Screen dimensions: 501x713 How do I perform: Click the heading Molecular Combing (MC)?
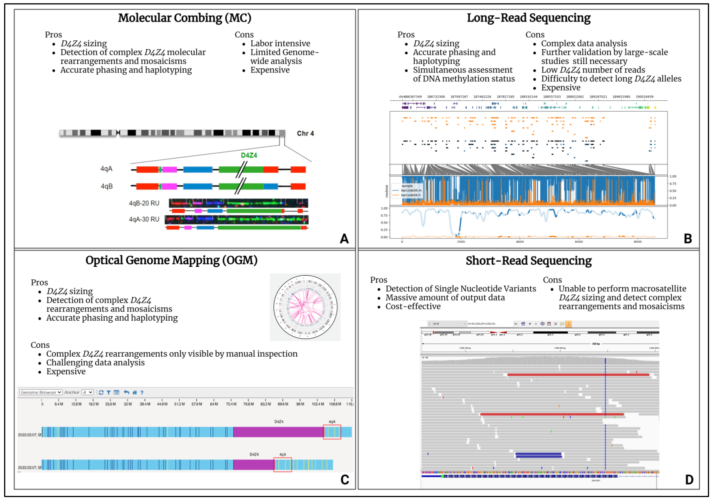[x=184, y=18]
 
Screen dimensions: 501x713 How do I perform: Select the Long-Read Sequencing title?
[x=529, y=18]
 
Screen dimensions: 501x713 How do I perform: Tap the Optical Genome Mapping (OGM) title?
[x=171, y=260]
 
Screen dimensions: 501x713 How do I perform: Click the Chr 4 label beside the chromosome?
[x=305, y=133]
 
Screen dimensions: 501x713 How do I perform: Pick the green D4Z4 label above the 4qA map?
[x=249, y=155]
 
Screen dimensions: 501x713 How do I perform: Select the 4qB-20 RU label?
[x=144, y=203]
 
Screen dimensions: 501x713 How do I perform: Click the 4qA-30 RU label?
[x=144, y=219]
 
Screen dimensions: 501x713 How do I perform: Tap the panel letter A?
[x=344, y=239]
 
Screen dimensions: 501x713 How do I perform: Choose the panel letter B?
[x=688, y=239]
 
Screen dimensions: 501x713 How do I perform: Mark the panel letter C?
[x=345, y=480]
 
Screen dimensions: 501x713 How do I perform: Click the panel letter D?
[x=689, y=480]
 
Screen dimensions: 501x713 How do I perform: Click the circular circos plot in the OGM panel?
[x=305, y=307]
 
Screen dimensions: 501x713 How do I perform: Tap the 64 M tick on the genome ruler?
[x=214, y=404]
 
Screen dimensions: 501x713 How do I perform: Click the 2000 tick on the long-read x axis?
[x=461, y=242]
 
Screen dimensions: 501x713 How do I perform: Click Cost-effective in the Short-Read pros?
[x=413, y=307]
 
